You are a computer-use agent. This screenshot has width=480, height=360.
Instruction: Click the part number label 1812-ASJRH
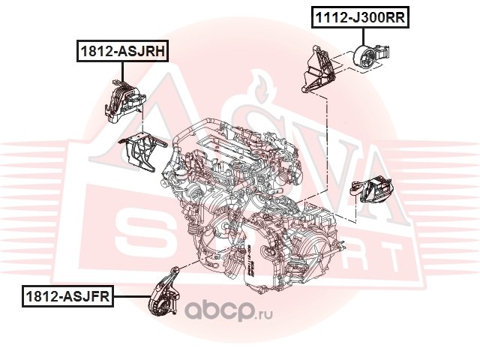[x=122, y=51]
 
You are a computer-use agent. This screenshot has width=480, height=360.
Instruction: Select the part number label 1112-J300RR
[x=360, y=17]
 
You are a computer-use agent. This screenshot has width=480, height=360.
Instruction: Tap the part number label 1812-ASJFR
[x=67, y=296]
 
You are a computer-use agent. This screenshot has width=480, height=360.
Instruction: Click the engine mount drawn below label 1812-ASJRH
[x=124, y=101]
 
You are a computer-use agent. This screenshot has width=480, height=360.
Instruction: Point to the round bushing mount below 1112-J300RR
[x=371, y=58]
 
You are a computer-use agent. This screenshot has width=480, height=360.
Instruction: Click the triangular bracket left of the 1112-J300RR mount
[x=318, y=70]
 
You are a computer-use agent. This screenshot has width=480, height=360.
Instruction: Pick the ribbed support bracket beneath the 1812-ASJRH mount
[x=142, y=151]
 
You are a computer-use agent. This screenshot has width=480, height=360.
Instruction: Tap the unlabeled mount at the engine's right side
[x=372, y=189]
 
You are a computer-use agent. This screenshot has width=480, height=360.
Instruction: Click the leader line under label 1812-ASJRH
[x=123, y=72]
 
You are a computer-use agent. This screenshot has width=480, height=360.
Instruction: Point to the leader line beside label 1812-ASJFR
[x=133, y=296]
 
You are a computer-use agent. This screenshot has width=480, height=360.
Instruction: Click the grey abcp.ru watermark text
[x=229, y=310]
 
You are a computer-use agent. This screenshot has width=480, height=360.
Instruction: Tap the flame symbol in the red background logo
[x=263, y=88]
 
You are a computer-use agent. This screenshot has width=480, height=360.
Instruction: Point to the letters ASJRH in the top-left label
[x=141, y=51]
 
